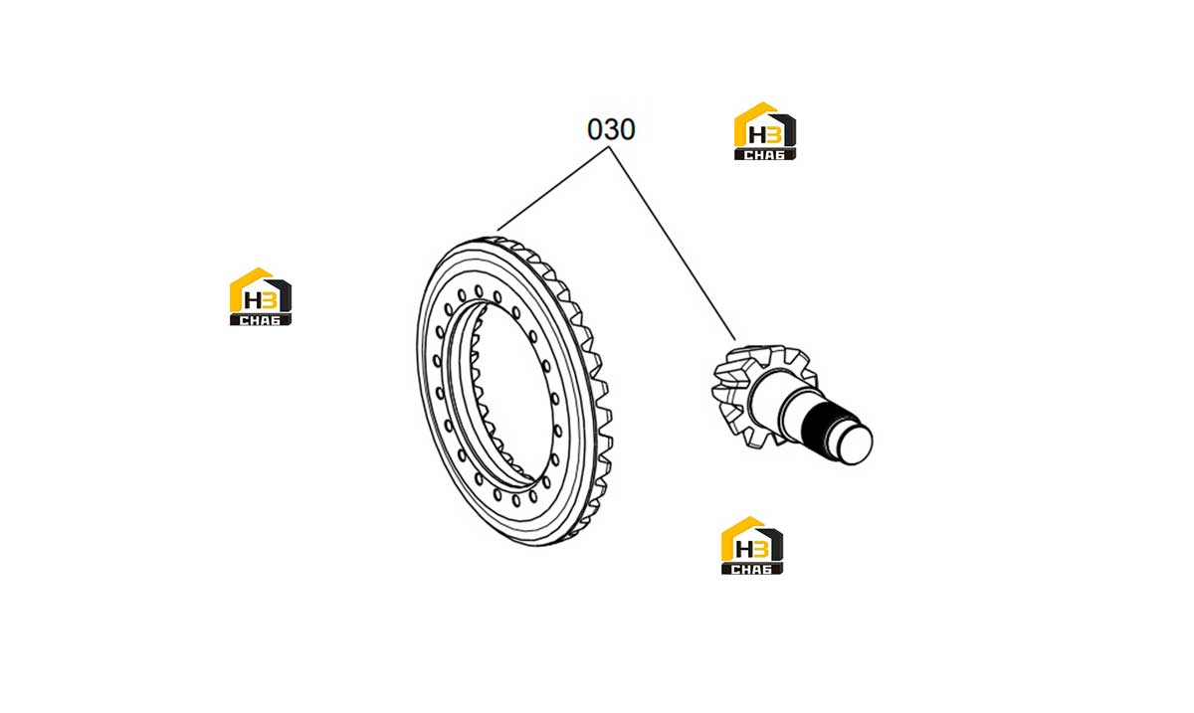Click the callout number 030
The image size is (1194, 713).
click(611, 129)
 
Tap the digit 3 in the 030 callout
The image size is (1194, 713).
click(611, 129)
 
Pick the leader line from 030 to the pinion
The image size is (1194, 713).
click(673, 243)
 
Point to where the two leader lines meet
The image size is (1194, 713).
click(609, 147)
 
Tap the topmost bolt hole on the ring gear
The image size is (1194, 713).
click(479, 291)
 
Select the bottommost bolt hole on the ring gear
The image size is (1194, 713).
click(516, 501)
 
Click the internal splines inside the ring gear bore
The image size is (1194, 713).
click(483, 395)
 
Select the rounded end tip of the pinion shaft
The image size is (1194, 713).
click(857, 444)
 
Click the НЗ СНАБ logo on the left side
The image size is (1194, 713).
click(261, 296)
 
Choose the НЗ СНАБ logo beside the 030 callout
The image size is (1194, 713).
click(765, 131)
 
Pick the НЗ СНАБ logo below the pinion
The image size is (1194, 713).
click(752, 545)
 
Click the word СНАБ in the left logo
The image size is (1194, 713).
click(260, 320)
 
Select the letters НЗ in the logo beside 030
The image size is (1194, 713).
click(765, 134)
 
